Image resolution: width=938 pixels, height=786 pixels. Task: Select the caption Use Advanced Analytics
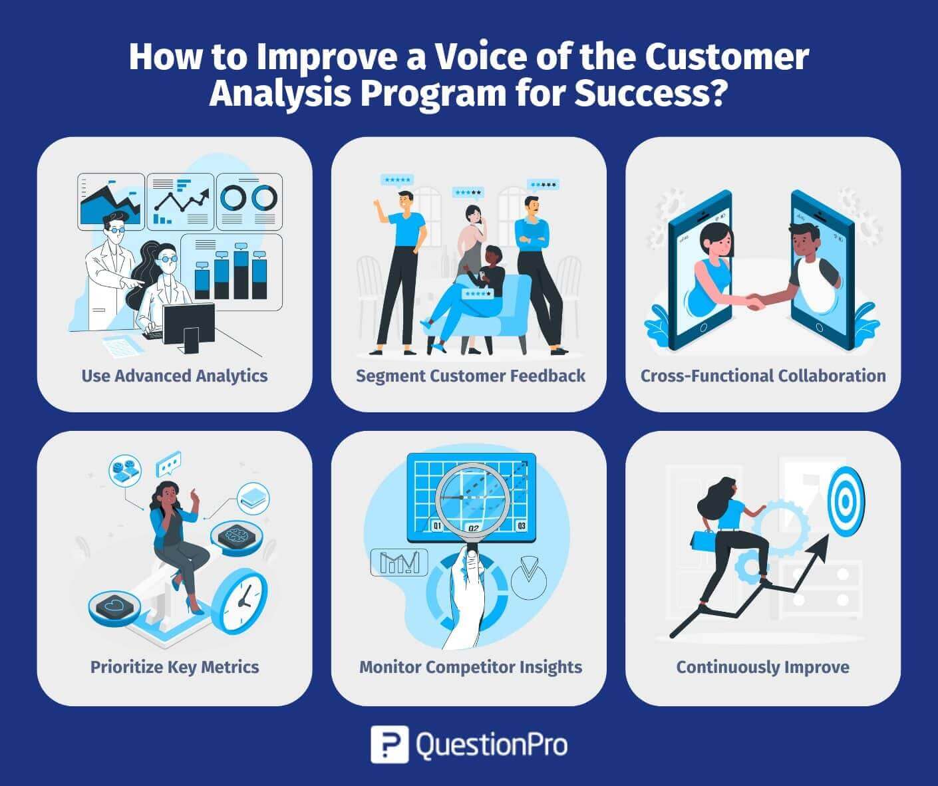tap(174, 376)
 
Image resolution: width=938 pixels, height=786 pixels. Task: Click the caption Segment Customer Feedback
tap(470, 376)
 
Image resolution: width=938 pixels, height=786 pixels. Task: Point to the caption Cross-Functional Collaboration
tap(763, 376)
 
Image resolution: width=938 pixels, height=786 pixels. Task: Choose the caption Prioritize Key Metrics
tap(174, 667)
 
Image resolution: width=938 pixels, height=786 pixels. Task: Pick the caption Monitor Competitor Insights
tap(470, 667)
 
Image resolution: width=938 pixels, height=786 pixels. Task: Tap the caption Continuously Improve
tap(762, 667)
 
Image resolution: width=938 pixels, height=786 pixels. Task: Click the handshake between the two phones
tap(756, 303)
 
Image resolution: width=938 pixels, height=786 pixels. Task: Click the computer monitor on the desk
tap(188, 325)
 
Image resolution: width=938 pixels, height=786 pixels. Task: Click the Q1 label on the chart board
tap(437, 527)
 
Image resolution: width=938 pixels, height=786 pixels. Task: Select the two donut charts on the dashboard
tap(248, 197)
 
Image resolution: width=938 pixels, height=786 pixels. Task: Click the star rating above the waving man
tap(397, 180)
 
